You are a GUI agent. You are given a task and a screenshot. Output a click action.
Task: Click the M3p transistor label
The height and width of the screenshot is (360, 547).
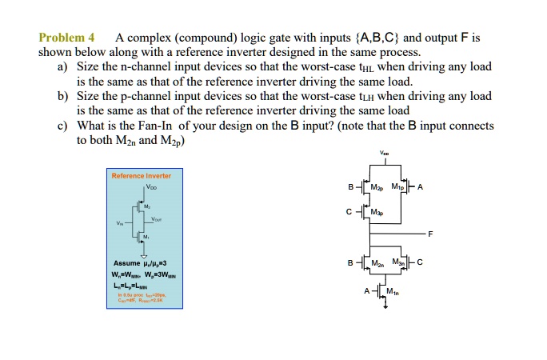click(x=387, y=212)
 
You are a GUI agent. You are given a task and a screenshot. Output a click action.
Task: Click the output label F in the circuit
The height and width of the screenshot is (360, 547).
click(x=430, y=234)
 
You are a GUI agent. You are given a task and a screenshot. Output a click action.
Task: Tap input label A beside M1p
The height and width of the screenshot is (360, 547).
click(x=421, y=189)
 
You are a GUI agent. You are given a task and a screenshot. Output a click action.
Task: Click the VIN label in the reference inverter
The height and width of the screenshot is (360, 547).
click(x=121, y=223)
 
